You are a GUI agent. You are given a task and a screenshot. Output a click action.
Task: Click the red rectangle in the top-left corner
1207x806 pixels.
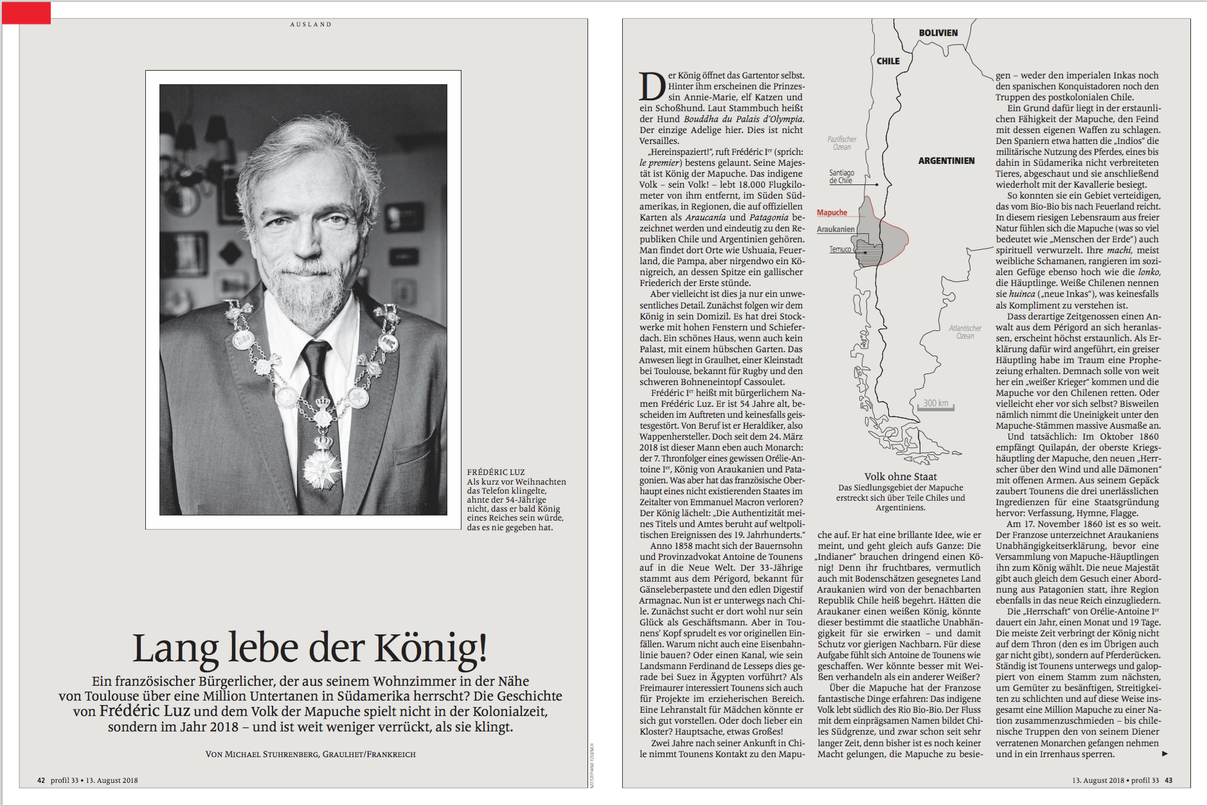(x=26, y=13)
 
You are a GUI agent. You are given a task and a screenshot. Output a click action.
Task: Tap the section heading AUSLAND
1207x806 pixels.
(x=310, y=24)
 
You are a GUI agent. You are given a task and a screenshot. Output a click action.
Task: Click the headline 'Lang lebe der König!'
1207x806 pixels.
(x=310, y=647)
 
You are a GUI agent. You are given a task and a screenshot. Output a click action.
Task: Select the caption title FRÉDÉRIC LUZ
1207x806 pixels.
(x=496, y=472)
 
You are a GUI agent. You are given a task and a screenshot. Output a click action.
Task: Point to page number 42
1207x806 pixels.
(x=41, y=780)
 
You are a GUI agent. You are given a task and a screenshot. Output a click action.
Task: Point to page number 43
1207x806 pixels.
(x=1168, y=780)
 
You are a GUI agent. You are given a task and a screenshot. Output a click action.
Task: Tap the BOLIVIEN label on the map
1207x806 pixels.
(x=938, y=33)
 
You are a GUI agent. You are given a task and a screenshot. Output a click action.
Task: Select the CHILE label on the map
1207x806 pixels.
(x=888, y=61)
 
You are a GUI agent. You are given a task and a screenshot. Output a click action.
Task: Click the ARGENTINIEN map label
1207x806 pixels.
(x=946, y=161)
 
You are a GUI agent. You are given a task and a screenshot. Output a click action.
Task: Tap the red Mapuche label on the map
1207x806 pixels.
(x=832, y=213)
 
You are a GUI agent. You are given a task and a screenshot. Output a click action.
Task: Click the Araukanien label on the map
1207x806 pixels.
(x=836, y=229)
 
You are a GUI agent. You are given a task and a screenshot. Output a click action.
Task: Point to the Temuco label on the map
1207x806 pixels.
(x=840, y=249)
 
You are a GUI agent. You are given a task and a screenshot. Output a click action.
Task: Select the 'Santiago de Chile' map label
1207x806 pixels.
(x=841, y=177)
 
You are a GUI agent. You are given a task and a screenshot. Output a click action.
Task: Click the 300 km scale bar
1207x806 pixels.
(x=936, y=405)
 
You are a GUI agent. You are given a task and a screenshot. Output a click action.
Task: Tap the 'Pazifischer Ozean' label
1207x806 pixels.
(x=842, y=143)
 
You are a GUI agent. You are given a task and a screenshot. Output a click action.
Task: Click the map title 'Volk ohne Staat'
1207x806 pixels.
(x=900, y=476)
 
